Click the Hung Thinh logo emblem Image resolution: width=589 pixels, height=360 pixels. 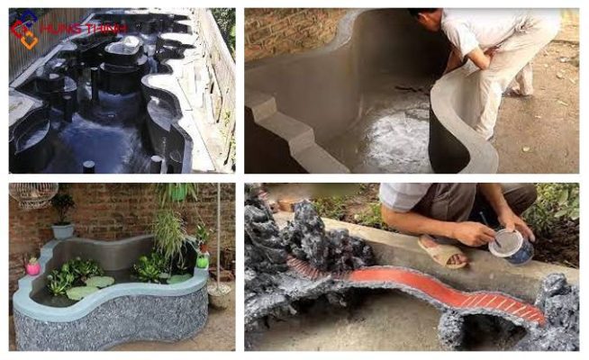pyautogui.click(x=24, y=30)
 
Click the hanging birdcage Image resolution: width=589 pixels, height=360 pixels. pyautogui.click(x=33, y=194)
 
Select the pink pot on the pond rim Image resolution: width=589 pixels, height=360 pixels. pyautogui.click(x=33, y=267)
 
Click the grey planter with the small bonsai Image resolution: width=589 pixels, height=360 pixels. pyautogui.click(x=63, y=231)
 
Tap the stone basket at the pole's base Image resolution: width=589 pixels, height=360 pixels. pyautogui.click(x=220, y=295)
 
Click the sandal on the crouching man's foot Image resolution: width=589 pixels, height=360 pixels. pyautogui.click(x=443, y=252)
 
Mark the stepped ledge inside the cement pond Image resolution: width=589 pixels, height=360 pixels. pyautogui.click(x=289, y=128)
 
